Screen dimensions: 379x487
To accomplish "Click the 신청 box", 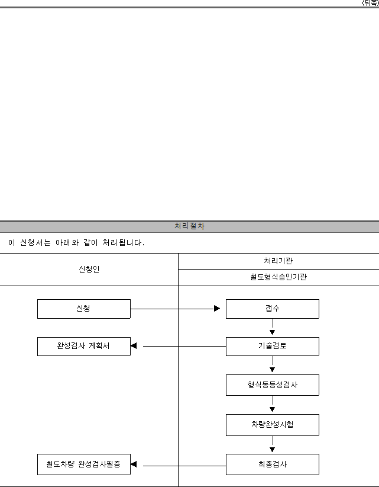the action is point(84,309).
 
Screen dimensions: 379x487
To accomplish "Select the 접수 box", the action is point(273,309).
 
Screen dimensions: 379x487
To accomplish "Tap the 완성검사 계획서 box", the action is point(84,347).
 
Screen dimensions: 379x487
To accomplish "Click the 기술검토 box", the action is point(273,347).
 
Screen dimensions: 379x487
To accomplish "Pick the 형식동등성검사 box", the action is point(273,385).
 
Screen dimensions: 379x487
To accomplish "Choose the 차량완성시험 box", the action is point(273,425).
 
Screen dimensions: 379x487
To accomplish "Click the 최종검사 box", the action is point(273,464).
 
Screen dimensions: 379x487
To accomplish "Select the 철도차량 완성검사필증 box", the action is point(84,464).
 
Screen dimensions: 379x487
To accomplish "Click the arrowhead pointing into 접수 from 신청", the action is point(217,309).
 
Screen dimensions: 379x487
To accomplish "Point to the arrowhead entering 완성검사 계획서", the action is point(134,345).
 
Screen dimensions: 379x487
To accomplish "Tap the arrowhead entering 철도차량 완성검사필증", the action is point(134,464).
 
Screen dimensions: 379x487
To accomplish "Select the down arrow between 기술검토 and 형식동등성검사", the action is point(273,364).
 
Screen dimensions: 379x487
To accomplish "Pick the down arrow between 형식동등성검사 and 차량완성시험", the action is point(273,404).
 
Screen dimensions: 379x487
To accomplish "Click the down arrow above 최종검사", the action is point(273,444).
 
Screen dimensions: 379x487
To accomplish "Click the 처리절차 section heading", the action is point(189,226).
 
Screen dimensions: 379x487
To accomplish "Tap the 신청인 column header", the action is point(89,269).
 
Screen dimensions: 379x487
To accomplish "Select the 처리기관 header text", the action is point(278,261).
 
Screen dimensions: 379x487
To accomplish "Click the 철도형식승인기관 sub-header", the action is point(278,277).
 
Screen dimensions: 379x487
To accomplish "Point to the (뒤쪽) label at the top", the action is point(371,3).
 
